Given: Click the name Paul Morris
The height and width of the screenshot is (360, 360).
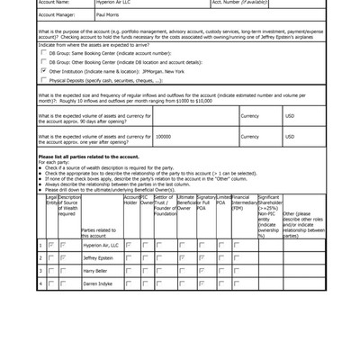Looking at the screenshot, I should [x=107, y=15].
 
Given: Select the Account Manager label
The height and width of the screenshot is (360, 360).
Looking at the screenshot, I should [x=57, y=15].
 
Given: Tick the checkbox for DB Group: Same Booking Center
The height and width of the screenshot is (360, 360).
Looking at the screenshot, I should [x=44, y=53].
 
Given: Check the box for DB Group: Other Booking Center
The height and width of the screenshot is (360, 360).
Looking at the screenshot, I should [x=44, y=62].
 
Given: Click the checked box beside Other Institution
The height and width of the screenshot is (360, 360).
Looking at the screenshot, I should [x=44, y=71].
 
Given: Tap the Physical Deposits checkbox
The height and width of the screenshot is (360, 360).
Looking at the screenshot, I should [x=44, y=80].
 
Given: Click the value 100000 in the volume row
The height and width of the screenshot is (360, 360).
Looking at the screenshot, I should [x=164, y=137].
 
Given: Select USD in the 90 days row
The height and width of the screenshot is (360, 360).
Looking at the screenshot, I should [x=290, y=116].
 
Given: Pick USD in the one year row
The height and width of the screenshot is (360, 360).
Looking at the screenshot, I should [x=290, y=137].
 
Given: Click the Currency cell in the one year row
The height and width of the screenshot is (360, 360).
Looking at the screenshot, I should [x=249, y=137].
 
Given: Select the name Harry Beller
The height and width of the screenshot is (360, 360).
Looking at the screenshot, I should [x=94, y=270].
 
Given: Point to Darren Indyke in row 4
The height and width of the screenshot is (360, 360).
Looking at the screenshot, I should [x=97, y=283].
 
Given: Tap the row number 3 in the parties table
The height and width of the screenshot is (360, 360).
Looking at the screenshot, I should [x=40, y=270].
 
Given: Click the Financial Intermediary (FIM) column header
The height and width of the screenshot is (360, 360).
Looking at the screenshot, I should [x=241, y=203].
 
